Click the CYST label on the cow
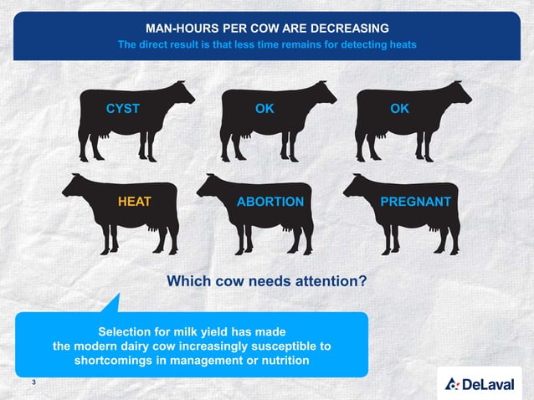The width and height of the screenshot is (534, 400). tap(122, 109)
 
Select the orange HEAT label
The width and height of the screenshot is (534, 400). tap(134, 202)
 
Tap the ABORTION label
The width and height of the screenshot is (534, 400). tap(270, 202)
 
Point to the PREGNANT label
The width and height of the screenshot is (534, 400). tap(415, 202)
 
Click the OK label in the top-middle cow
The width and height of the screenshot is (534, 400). tap(264, 109)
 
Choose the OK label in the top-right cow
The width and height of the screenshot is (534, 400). tap(400, 109)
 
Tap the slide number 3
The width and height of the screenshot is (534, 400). tap(33, 382)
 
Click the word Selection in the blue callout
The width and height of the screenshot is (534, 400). tap(131, 331)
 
